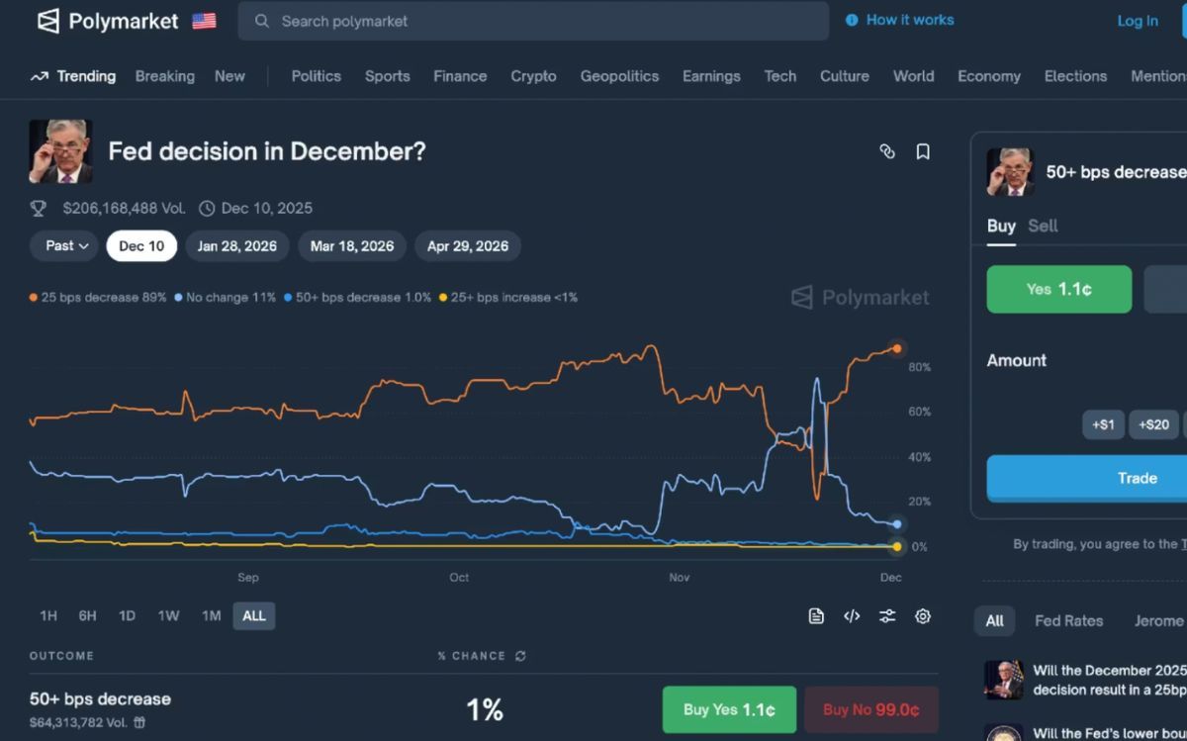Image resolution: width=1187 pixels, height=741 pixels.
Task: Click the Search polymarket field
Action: coord(534,21)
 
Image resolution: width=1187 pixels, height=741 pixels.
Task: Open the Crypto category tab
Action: coord(533,76)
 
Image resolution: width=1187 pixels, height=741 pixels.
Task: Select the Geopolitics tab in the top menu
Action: coord(619,76)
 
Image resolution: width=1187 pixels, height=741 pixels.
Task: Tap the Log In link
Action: coord(1138,21)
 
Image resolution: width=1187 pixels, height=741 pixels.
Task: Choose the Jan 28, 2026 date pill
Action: coord(236,246)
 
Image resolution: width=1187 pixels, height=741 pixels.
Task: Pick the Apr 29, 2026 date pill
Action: coord(468,246)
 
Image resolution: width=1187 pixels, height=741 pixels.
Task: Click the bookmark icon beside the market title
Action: coord(923,151)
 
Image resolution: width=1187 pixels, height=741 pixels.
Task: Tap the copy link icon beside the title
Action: coord(887,151)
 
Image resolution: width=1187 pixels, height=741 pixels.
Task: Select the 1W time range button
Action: coord(168,615)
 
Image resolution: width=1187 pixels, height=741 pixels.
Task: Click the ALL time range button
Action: coord(254,615)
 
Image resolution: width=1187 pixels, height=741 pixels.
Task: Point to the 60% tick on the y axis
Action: coord(919,412)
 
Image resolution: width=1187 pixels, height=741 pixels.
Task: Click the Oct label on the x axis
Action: coord(459,577)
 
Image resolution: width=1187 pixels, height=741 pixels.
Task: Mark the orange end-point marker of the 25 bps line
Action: coord(897,348)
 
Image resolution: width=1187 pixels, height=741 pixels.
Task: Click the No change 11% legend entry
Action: coord(226,297)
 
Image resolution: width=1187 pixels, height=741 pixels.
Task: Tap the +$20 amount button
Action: coord(1153,424)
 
